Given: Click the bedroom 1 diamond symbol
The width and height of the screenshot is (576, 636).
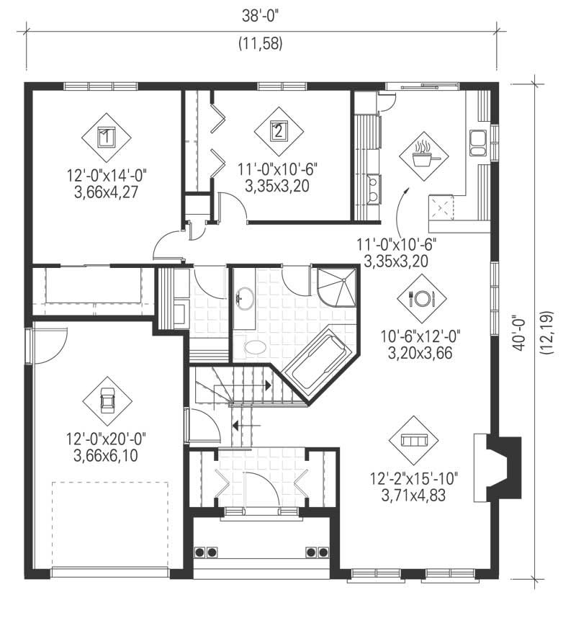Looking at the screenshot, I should pos(106,135).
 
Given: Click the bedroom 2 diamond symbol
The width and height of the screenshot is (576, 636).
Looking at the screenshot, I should pos(278,132).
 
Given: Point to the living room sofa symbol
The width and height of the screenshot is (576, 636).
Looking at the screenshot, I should pos(413,439).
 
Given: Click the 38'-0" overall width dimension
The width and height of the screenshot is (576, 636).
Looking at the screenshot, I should pos(261,14).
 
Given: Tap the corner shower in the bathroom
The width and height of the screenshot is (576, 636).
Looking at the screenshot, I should pos(337,287).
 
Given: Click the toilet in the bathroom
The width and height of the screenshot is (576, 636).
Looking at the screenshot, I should pos(255,348).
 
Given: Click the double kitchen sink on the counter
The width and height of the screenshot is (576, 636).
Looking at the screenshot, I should pos(477,143).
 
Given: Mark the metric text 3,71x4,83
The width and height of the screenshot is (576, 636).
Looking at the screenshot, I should pos(414,496).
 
